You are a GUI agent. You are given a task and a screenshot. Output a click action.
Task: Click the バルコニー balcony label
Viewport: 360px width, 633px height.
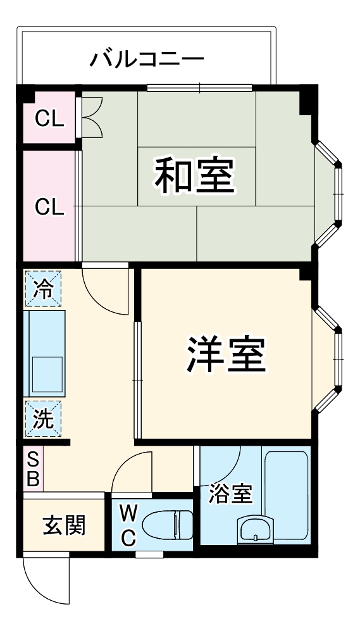coord(147,58)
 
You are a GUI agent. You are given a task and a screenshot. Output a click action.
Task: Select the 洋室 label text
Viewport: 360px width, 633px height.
coord(226,353)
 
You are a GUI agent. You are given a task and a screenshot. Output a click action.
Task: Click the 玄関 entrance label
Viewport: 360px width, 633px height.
coord(65,525)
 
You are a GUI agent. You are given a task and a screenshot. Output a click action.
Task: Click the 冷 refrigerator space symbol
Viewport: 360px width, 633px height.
coord(43,288)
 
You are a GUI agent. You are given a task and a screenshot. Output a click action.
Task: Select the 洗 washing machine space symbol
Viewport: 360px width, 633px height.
coord(43,418)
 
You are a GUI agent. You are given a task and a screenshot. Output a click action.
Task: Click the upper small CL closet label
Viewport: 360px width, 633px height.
coord(49,118)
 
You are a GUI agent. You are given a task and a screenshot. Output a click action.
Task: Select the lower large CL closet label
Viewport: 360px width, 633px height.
coord(49,208)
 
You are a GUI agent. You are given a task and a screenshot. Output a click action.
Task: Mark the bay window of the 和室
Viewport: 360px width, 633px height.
coord(328,193)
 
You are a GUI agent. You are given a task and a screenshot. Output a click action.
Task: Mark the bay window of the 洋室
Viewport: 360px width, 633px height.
coord(327,359)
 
